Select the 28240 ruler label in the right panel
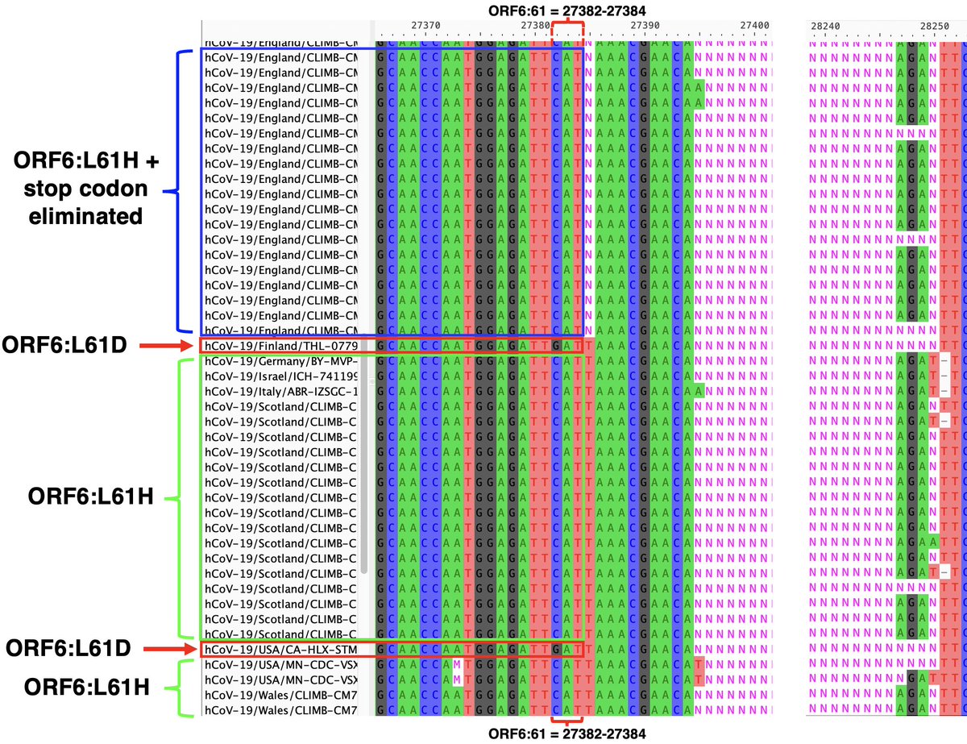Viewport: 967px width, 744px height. (x=825, y=26)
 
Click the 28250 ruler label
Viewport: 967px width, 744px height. (x=935, y=26)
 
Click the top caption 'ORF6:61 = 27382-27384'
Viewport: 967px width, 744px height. (x=567, y=10)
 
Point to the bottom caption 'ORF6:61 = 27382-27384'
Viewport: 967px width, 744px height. (x=567, y=733)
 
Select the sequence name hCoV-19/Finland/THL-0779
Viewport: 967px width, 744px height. (x=280, y=347)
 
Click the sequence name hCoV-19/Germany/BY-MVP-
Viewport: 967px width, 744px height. (x=280, y=362)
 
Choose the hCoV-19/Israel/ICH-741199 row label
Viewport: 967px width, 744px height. (x=280, y=376)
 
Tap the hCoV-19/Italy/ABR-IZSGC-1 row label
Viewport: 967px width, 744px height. (x=280, y=392)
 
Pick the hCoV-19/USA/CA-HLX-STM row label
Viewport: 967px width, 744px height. (x=280, y=649)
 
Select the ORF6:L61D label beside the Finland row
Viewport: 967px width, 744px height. (x=68, y=347)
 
